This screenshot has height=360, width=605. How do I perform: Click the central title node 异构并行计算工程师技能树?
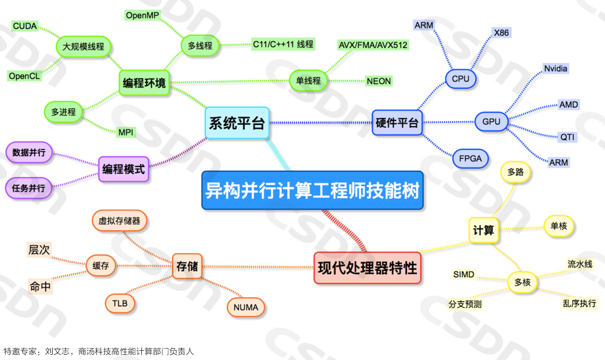pyautogui.click(x=313, y=190)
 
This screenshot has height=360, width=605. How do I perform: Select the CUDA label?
pyautogui.click(x=24, y=26)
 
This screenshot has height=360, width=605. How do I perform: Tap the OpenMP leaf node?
pyautogui.click(x=142, y=15)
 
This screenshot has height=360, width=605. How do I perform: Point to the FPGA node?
pyautogui.click(x=470, y=159)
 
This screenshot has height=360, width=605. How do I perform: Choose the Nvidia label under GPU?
pyautogui.click(x=555, y=68)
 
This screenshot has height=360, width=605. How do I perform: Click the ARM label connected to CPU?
pyautogui.click(x=424, y=25)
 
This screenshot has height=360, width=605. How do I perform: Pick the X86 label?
pyautogui.click(x=501, y=33)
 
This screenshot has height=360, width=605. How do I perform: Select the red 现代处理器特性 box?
pyautogui.click(x=367, y=268)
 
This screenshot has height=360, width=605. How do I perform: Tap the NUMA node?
pyautogui.click(x=246, y=308)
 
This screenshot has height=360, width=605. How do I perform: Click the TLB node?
pyautogui.click(x=120, y=303)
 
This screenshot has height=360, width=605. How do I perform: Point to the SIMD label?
pyautogui.click(x=463, y=274)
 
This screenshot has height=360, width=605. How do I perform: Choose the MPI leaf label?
pyautogui.click(x=126, y=132)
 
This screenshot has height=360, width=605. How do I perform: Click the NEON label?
pyautogui.click(x=379, y=81)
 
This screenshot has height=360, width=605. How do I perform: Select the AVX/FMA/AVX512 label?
pyautogui.click(x=373, y=45)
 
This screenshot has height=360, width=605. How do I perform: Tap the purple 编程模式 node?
pyautogui.click(x=124, y=169)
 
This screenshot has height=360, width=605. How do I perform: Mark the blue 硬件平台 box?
pyautogui.click(x=397, y=123)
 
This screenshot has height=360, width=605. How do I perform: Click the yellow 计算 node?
pyautogui.click(x=483, y=230)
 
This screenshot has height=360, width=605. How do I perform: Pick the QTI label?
pyautogui.click(x=568, y=137)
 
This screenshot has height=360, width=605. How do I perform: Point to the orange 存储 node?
pyautogui.click(x=187, y=267)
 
